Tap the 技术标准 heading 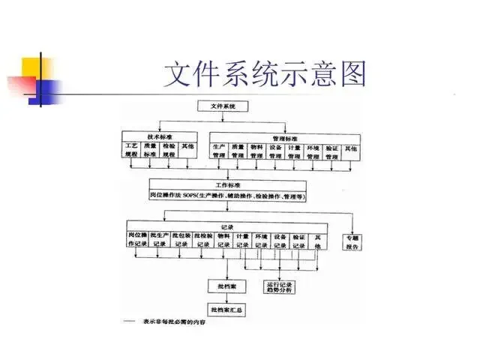(x=160, y=137)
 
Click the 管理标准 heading (x=285, y=137)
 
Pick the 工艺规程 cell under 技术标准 (x=132, y=151)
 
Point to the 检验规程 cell (x=169, y=151)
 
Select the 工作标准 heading (x=226, y=184)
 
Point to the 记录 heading (x=227, y=226)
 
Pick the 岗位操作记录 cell (x=137, y=240)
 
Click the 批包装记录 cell (x=181, y=240)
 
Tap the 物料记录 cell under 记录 (x=224, y=240)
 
